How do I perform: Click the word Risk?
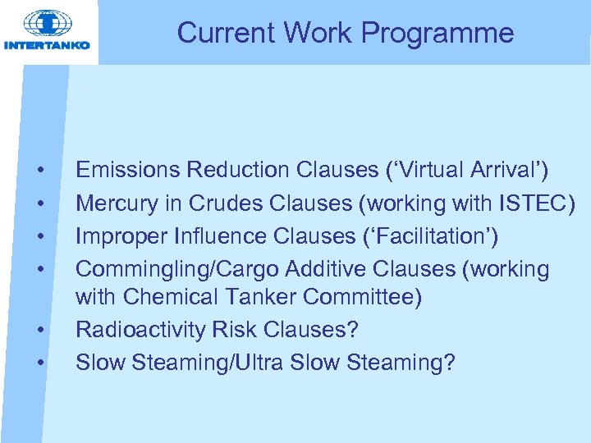pos(235,329)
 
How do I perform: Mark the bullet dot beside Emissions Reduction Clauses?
pos(40,171)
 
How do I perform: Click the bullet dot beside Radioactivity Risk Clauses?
pos(40,330)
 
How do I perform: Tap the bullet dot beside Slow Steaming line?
pos(40,362)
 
